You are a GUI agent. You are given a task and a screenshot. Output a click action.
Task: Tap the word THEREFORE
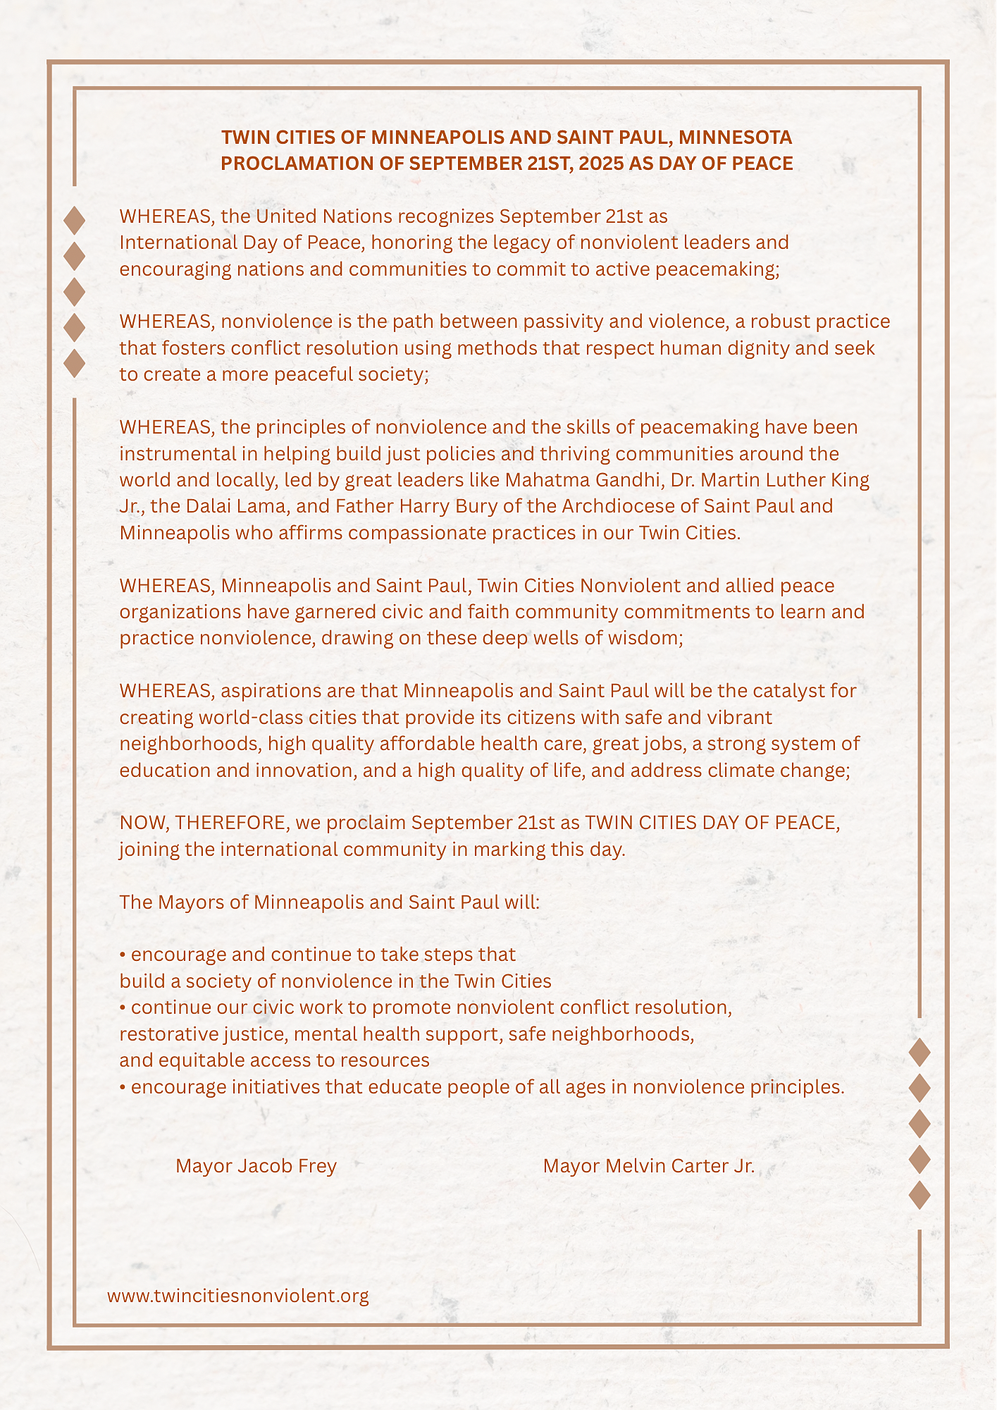click(232, 823)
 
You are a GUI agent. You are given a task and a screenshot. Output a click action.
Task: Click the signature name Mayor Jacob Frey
click(256, 1166)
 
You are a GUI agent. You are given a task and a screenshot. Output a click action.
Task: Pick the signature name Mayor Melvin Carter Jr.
click(648, 1166)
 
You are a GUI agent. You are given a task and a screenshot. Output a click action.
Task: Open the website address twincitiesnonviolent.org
click(238, 1296)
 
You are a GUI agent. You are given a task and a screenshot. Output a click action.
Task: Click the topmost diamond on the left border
click(74, 220)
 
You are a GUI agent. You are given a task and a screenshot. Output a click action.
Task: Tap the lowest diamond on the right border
click(919, 1194)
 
